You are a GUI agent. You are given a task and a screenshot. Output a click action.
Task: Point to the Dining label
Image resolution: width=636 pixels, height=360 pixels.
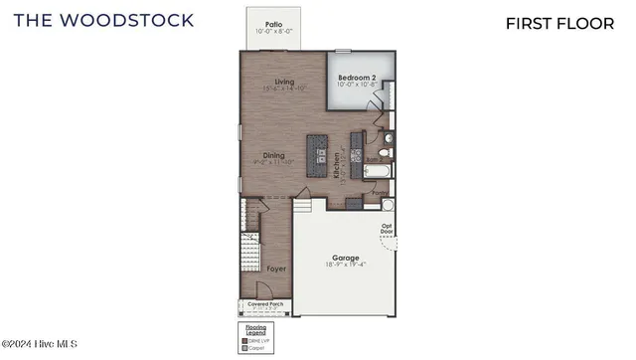pyautogui.click(x=273, y=154)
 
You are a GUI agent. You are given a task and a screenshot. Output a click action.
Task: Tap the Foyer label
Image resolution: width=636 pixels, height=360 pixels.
pyautogui.click(x=276, y=269)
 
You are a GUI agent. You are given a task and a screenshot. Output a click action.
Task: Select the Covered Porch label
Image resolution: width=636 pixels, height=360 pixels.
pyautogui.click(x=265, y=304)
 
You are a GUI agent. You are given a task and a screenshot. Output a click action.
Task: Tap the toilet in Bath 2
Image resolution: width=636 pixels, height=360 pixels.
pyautogui.click(x=387, y=152)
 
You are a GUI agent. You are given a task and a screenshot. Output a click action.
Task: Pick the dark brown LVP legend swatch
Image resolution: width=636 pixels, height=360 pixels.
pyautogui.click(x=244, y=341)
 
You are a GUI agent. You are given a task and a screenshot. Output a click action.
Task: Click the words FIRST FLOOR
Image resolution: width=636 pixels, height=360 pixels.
pyautogui.click(x=559, y=23)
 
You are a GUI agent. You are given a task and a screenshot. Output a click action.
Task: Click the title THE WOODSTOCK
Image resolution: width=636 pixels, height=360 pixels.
pyautogui.click(x=103, y=20)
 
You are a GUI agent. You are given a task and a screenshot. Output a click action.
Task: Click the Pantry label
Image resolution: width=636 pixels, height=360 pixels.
pyautogui.click(x=380, y=194)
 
